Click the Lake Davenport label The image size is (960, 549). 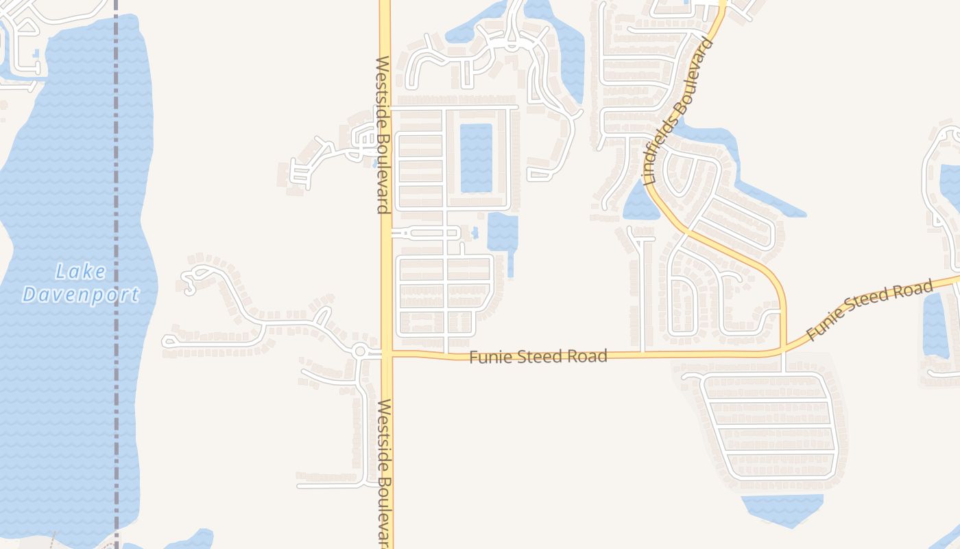pos(81,283)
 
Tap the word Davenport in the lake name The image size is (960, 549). pos(81,295)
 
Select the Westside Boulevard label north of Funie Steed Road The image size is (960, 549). pos(383,135)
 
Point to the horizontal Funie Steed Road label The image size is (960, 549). pos(538,357)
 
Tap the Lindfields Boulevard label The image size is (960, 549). pos(679,111)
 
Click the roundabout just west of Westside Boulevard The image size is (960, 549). pos(360,351)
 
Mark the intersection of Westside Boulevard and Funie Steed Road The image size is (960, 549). pos(386,354)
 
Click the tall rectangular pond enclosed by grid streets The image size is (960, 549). pos(476,158)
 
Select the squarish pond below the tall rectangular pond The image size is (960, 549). pos(503,233)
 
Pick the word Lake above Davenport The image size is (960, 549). pos(81,272)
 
